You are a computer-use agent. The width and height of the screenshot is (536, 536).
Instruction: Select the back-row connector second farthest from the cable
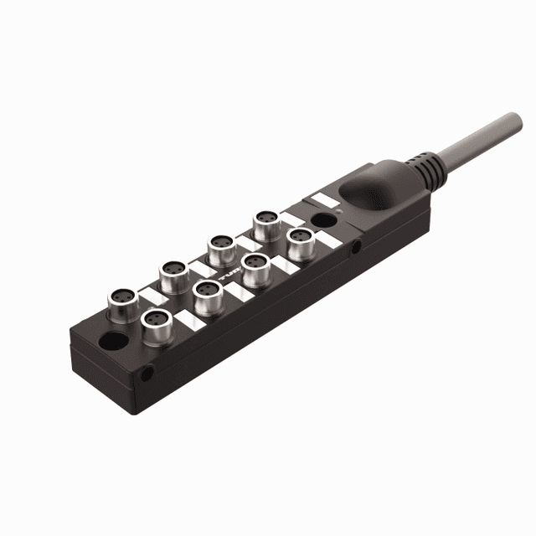(173, 271)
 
